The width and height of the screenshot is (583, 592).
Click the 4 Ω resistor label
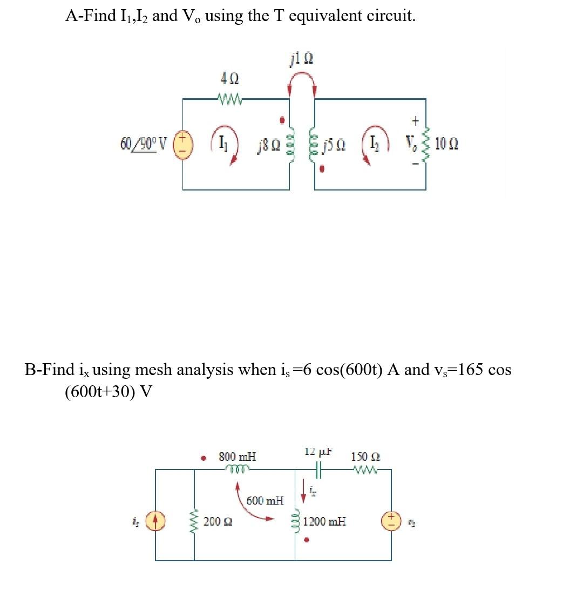[227, 79]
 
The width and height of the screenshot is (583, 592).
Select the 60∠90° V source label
[144, 144]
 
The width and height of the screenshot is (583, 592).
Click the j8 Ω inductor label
[268, 145]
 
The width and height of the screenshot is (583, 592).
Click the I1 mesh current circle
[222, 145]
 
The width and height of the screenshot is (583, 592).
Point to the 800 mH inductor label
[238, 457]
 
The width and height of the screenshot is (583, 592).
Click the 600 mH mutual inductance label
[265, 500]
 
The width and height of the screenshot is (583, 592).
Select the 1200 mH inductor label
[324, 522]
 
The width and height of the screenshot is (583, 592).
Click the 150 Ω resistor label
[365, 457]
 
